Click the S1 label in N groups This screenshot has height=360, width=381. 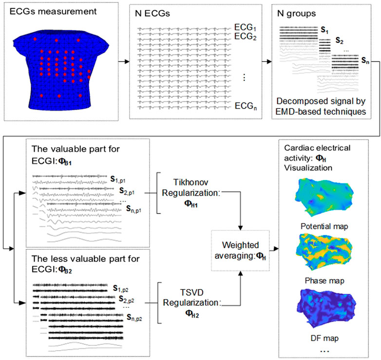click(x=324, y=30)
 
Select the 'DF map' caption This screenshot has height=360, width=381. click(x=321, y=337)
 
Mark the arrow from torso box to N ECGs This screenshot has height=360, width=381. click(x=125, y=62)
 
